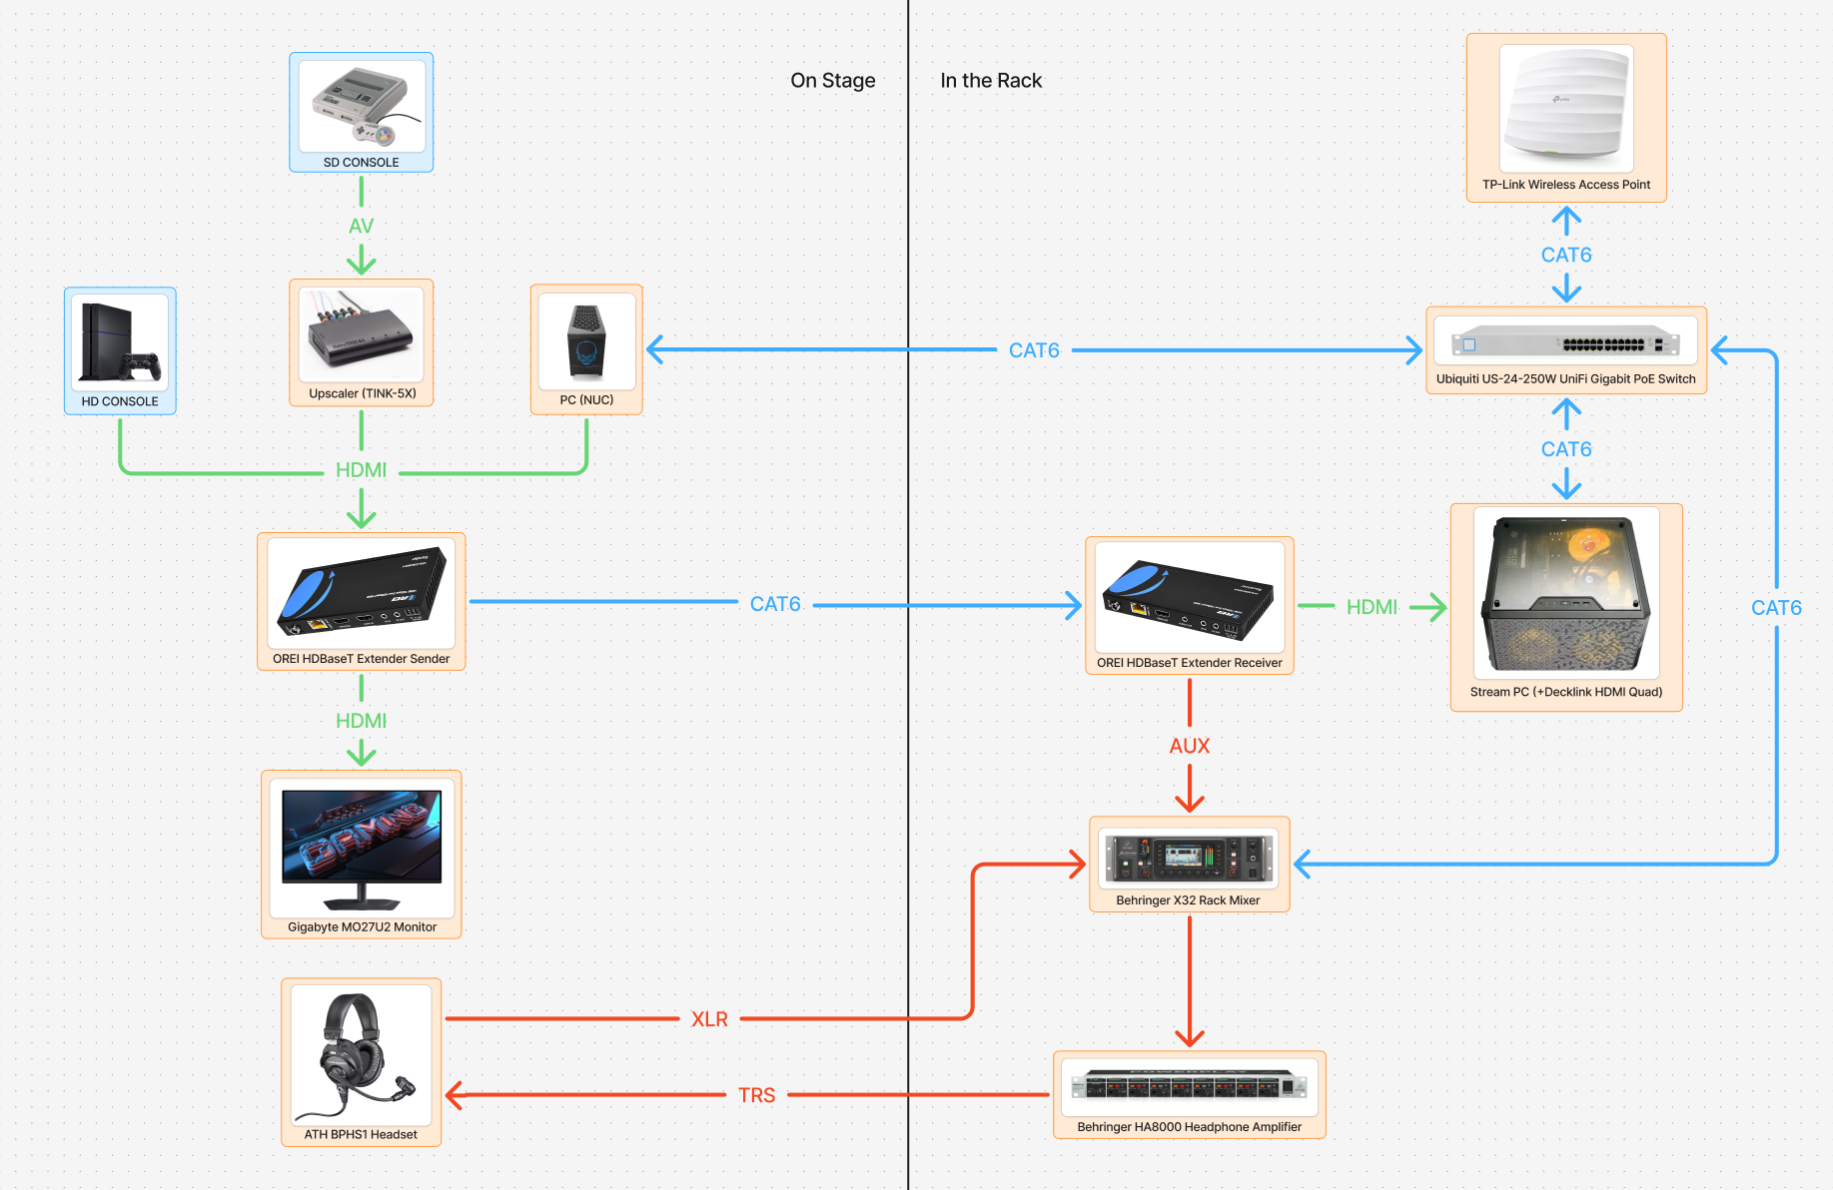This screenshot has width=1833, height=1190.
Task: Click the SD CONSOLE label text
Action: [x=361, y=162]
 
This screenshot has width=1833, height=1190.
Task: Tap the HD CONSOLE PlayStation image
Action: [x=120, y=342]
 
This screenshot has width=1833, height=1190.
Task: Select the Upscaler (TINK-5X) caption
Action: [x=362, y=393]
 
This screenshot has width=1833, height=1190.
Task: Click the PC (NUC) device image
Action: [x=586, y=341]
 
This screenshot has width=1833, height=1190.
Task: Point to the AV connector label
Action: [x=361, y=227]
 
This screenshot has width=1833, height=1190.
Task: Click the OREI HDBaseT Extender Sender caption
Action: [x=361, y=659]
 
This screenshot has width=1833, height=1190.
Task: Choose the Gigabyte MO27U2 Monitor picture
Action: [x=362, y=848]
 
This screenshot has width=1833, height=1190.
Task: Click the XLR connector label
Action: [x=709, y=1019]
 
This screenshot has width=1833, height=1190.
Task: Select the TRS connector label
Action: [x=756, y=1095]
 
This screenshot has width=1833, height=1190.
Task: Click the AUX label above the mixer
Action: [x=1189, y=746]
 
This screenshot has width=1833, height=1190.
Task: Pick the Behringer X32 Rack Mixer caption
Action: [x=1188, y=900]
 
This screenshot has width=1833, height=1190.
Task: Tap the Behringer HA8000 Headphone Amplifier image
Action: [x=1189, y=1085]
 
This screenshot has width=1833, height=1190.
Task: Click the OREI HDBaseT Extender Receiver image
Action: [x=1189, y=597]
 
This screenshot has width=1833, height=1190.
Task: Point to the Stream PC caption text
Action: [x=1565, y=692]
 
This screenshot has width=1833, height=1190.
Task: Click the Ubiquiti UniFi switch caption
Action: [x=1565, y=379]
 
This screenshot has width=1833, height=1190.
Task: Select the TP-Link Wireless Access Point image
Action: [x=1565, y=108]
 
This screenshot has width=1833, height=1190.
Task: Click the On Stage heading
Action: [x=832, y=81]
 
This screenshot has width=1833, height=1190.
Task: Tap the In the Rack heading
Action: [x=990, y=81]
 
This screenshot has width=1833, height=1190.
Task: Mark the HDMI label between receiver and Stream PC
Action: [x=1372, y=607]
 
